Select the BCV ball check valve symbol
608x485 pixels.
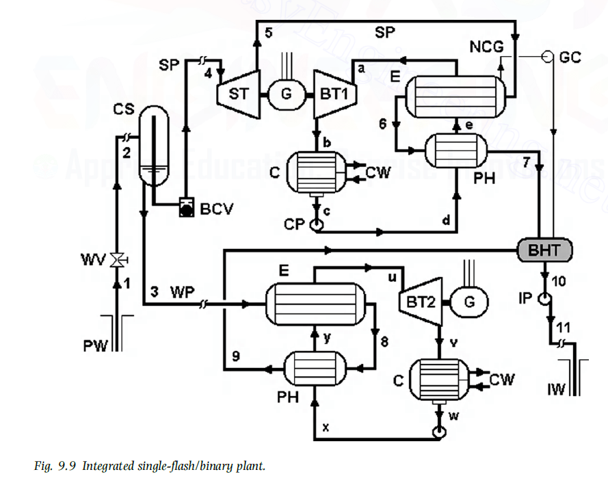[x=185, y=208]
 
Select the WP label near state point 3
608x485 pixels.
[x=181, y=292]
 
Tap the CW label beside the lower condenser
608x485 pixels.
[x=501, y=378]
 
